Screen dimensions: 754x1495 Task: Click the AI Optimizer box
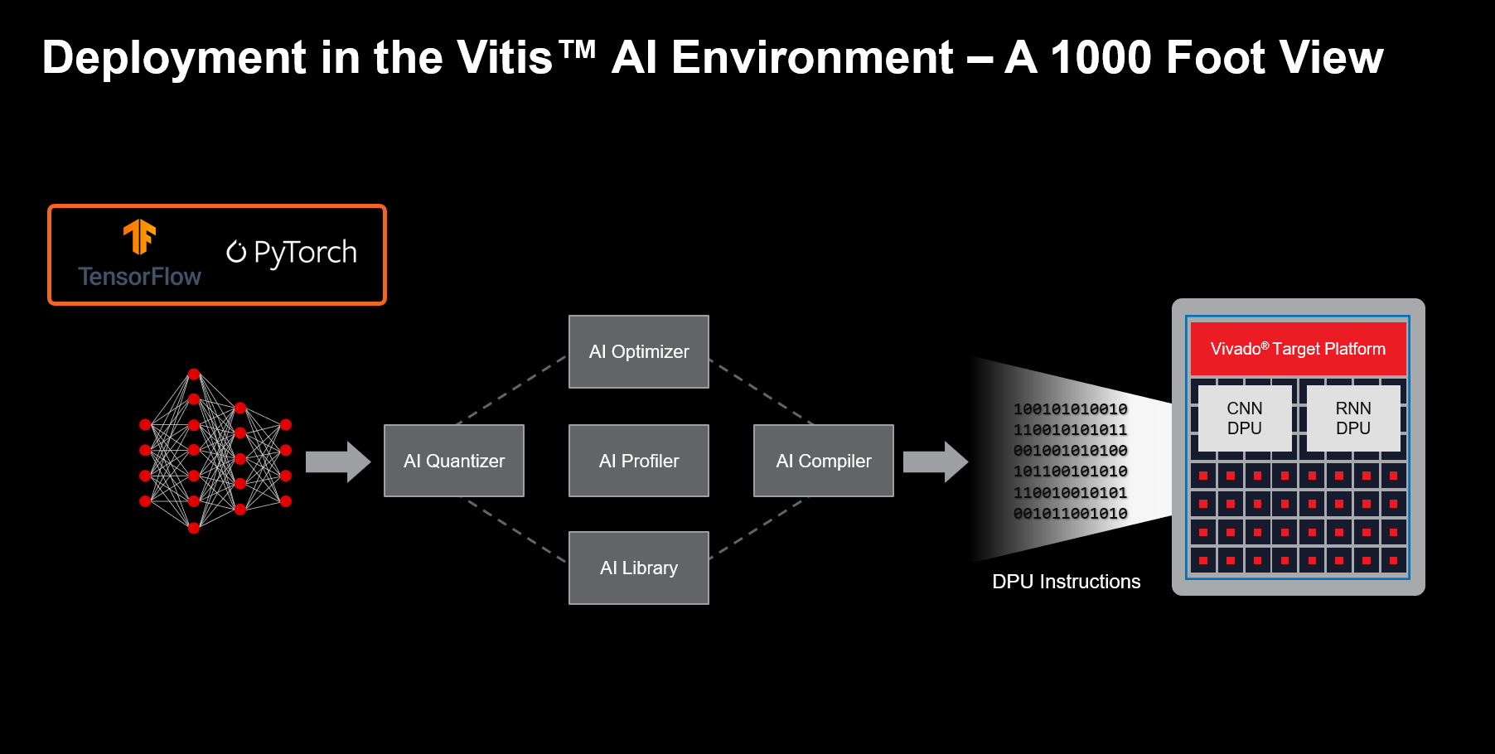[x=638, y=351]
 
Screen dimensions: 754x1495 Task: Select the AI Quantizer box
[x=453, y=461]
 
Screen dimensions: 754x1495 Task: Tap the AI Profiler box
[x=638, y=461]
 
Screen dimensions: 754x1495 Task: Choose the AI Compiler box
[x=823, y=461]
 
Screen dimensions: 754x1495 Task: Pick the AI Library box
[x=638, y=568]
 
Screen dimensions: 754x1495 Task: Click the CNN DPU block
[x=1244, y=418]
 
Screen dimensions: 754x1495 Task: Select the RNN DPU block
[x=1352, y=418]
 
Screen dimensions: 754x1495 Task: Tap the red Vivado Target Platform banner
[x=1298, y=349]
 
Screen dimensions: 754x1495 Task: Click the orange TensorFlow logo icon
[x=139, y=237]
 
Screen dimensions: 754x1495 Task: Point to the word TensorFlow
[x=139, y=277]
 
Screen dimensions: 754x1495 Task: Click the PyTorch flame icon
[x=236, y=251]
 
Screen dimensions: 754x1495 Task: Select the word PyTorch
[x=305, y=252]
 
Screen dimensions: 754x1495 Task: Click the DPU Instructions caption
[x=1066, y=582]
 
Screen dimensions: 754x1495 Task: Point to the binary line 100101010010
[x=1070, y=409]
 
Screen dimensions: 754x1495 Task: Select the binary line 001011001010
[x=1070, y=514]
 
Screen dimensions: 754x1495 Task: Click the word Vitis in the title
[x=504, y=58]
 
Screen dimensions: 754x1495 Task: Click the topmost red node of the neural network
[x=194, y=375]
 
